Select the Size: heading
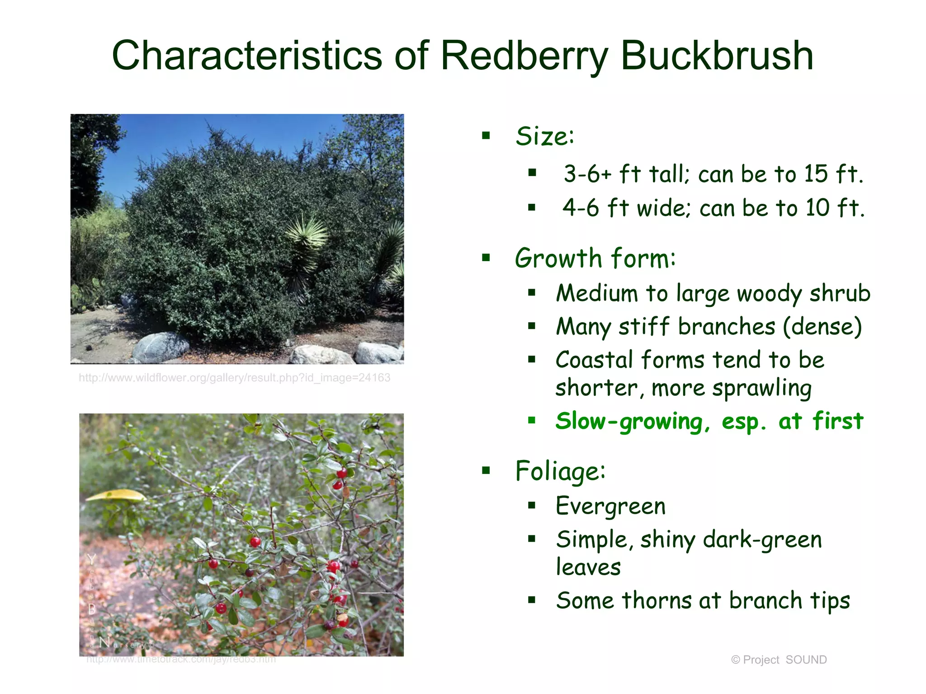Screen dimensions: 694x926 pos(545,136)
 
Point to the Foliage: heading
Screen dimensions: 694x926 pos(560,471)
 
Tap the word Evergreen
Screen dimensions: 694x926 pos(610,506)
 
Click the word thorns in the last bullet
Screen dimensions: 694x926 pos(657,601)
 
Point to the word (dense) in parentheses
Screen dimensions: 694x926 pos(822,327)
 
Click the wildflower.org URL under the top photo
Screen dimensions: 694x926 pos(234,378)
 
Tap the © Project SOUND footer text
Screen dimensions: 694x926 pos(779,660)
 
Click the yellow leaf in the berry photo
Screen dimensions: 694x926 pos(116,496)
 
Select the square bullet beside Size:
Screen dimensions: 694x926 pos(486,136)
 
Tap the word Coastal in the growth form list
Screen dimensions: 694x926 pos(594,360)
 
